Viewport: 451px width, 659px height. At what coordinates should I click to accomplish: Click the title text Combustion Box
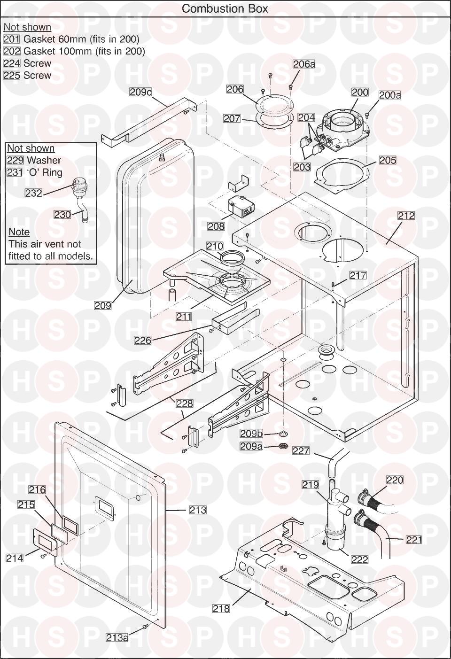(x=225, y=8)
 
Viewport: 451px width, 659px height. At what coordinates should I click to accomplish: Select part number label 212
(x=406, y=216)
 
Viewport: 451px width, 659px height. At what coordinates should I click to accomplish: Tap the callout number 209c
(x=141, y=92)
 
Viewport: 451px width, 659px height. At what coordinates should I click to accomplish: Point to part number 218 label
(x=221, y=608)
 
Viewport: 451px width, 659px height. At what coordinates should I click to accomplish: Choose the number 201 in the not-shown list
(x=11, y=39)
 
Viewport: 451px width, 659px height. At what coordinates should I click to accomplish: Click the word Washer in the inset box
(x=44, y=160)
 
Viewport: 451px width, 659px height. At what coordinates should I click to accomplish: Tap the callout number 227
(x=301, y=451)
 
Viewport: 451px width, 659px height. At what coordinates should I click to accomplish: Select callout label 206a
(x=304, y=64)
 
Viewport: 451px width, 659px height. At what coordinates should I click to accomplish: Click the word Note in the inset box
(x=19, y=232)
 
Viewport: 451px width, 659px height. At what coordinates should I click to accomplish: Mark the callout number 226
(x=143, y=340)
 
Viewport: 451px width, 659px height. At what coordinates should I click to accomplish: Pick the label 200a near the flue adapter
(x=390, y=95)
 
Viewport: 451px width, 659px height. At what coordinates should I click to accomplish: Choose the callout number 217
(x=358, y=275)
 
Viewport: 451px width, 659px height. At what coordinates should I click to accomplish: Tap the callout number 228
(x=185, y=403)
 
